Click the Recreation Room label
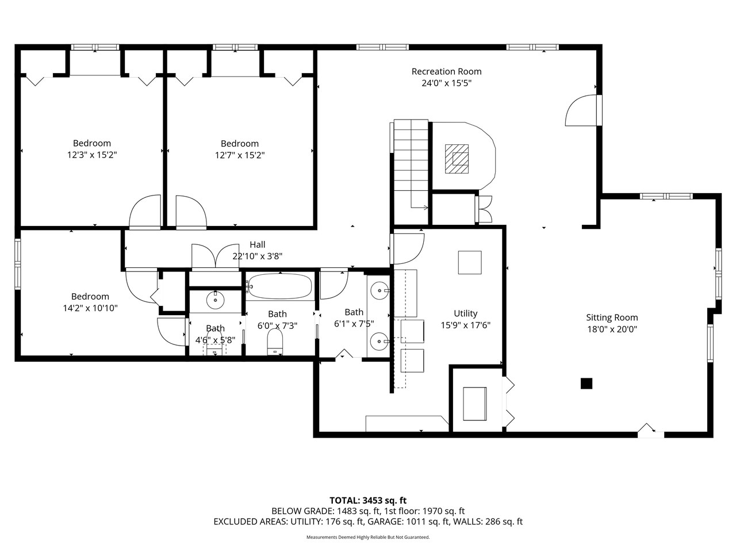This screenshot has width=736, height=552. (446, 71)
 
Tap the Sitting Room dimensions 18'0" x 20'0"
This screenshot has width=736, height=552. (612, 329)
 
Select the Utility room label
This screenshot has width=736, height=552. (465, 313)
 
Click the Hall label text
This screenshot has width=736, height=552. (257, 244)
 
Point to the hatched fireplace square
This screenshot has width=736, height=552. (457, 158)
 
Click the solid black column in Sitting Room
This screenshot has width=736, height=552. (586, 384)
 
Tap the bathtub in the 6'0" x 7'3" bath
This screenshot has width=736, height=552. (279, 286)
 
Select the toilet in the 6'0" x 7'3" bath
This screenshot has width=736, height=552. (275, 343)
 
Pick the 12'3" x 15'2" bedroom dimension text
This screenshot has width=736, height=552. (92, 155)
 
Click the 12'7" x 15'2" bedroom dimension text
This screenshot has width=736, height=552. (240, 155)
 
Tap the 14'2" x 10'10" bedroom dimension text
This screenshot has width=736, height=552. (90, 308)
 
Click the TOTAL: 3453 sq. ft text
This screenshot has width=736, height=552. (368, 500)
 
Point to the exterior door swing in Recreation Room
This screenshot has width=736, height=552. (582, 111)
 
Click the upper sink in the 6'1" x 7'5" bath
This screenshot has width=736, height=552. (379, 289)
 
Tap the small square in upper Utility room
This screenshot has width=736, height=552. (470, 262)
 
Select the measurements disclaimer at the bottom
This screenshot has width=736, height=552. (368, 537)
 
